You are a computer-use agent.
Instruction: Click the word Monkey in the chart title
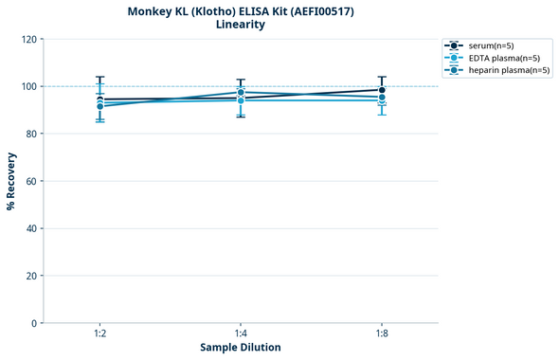[149, 10]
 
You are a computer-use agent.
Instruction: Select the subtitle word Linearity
[241, 25]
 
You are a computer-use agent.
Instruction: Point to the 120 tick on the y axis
[28, 39]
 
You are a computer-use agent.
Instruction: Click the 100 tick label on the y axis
[28, 86]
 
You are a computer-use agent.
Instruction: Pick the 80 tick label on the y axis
[31, 134]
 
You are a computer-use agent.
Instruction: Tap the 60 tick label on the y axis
[31, 181]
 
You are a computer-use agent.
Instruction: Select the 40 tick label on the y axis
[31, 228]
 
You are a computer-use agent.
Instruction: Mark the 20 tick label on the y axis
[31, 276]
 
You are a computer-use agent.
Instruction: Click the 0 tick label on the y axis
[34, 323]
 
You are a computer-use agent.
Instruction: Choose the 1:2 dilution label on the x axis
[99, 333]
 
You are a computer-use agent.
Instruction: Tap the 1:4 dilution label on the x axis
[241, 333]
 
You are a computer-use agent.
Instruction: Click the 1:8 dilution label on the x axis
[382, 333]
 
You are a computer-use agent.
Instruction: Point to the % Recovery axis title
[11, 181]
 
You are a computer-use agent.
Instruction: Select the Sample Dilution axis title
[241, 348]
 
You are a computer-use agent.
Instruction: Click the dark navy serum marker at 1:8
[382, 90]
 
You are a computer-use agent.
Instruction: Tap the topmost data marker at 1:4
[241, 92]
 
